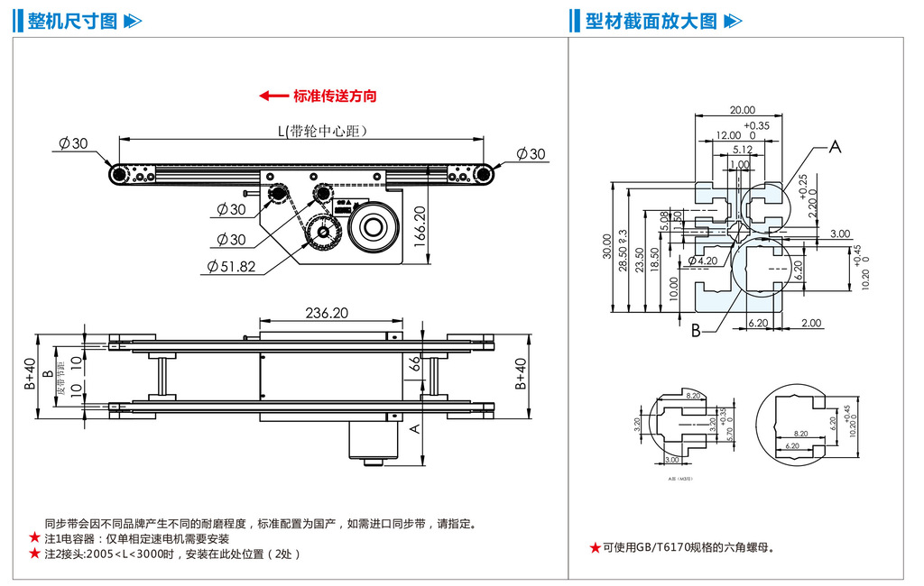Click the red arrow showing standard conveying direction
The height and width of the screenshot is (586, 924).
click(272, 96)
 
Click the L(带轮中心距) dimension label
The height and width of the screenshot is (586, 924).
click(322, 131)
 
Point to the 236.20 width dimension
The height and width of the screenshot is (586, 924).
click(328, 313)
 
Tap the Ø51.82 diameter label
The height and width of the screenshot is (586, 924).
click(232, 266)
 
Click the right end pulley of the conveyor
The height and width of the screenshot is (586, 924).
click(485, 174)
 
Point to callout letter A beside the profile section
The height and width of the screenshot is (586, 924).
click(835, 147)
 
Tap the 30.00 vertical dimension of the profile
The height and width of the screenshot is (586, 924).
click(606, 244)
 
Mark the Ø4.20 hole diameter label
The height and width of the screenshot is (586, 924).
click(703, 261)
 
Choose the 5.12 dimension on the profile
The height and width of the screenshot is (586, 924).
click(743, 150)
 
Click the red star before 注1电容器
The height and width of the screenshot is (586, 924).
click(34, 538)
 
